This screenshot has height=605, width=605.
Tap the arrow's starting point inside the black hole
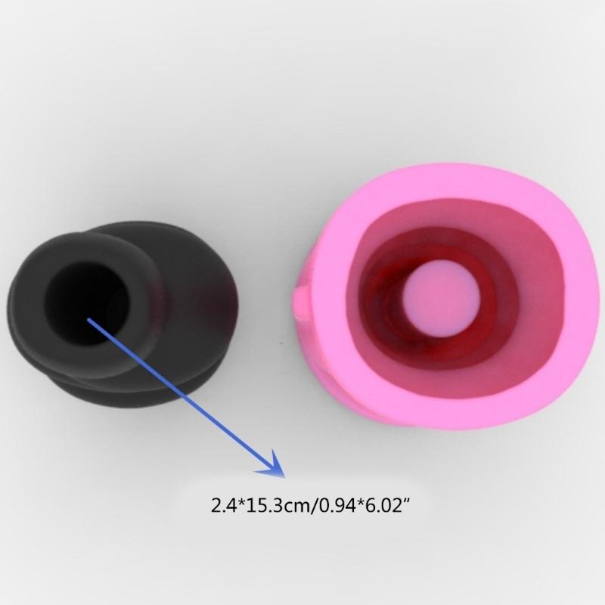coord(89,321)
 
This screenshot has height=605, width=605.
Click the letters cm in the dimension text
coord(298,504)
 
